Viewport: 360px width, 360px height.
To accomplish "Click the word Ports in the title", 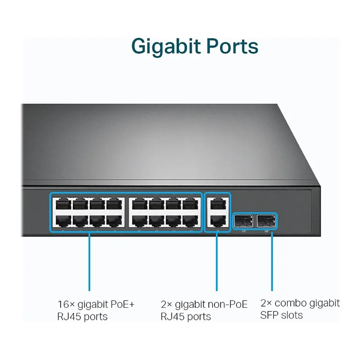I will pos(233,47).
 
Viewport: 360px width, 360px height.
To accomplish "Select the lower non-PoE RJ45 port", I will pos(217,221).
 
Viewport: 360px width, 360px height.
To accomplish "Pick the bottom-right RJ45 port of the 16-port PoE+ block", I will pos(190,221).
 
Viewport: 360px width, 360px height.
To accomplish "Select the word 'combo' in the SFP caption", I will pos(291,303).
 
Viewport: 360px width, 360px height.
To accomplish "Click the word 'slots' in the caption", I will pos(291,315).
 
